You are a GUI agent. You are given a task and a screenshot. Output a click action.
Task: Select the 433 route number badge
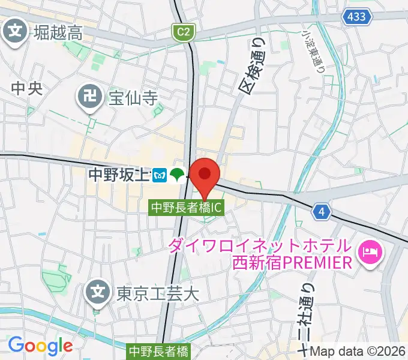click(356, 18)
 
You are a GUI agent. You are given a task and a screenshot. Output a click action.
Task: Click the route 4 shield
click(323, 211)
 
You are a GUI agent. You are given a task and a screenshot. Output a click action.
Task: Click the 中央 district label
click(26, 88)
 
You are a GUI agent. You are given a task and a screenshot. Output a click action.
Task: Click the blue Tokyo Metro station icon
click(159, 175)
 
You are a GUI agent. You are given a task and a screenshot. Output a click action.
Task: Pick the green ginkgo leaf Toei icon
click(176, 175)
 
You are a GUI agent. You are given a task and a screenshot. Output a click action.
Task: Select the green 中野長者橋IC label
click(187, 208)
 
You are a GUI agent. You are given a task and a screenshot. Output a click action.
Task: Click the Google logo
click(40, 346)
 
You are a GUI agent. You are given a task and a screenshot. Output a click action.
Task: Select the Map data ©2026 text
click(358, 352)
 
